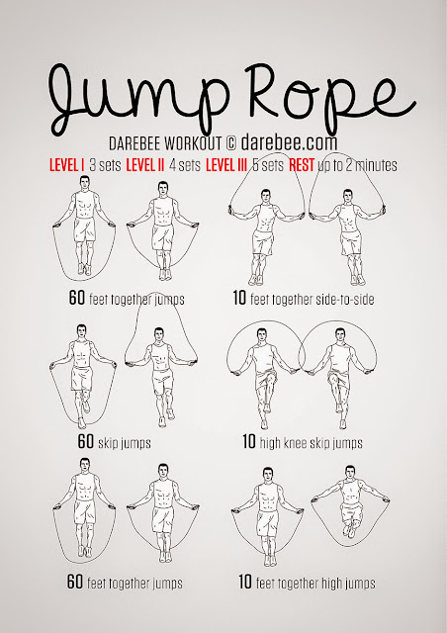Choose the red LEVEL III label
[x=240, y=164]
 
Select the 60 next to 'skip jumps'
[x=86, y=441]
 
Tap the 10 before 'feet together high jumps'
[x=245, y=583]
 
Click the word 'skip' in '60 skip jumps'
[x=111, y=442]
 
